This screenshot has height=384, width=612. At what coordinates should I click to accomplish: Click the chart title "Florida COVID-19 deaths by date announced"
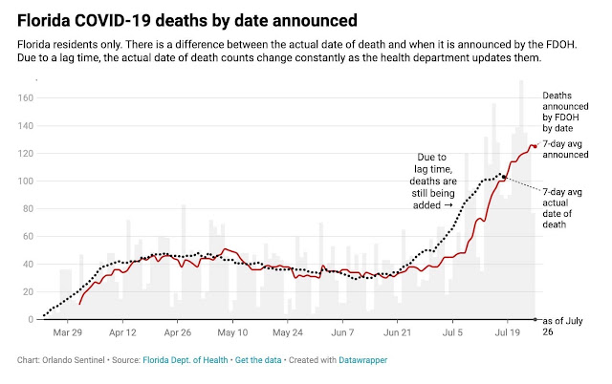point(187,20)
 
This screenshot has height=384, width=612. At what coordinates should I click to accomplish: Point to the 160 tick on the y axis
point(26,97)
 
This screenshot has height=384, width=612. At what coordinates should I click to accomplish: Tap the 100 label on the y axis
point(26,181)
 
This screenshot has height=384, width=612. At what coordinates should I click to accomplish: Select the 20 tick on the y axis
point(28,292)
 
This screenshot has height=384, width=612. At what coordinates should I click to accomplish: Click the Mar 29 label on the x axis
point(68,332)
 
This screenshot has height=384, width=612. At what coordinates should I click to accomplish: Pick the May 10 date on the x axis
point(232,332)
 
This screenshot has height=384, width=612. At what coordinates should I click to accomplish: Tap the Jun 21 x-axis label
point(398,332)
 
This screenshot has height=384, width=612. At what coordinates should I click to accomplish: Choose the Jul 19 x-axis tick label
point(508,332)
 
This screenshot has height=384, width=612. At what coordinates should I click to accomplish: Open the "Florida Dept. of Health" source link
point(185,360)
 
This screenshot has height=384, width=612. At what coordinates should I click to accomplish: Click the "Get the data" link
point(258,360)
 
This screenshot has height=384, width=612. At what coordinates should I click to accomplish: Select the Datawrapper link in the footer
point(363,360)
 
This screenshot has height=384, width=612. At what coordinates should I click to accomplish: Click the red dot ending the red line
point(535,146)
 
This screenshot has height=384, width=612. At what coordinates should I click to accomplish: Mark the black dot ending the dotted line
point(504,177)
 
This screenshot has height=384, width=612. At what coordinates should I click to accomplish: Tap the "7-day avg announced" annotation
point(565,149)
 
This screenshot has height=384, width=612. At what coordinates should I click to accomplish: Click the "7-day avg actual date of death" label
point(562,208)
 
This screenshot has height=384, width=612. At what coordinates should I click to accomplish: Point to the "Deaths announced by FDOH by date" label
point(565,112)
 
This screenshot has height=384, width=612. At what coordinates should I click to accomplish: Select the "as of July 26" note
point(562,327)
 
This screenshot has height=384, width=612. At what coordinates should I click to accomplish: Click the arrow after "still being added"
point(448,205)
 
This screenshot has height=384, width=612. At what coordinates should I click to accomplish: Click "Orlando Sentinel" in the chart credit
point(74,360)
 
